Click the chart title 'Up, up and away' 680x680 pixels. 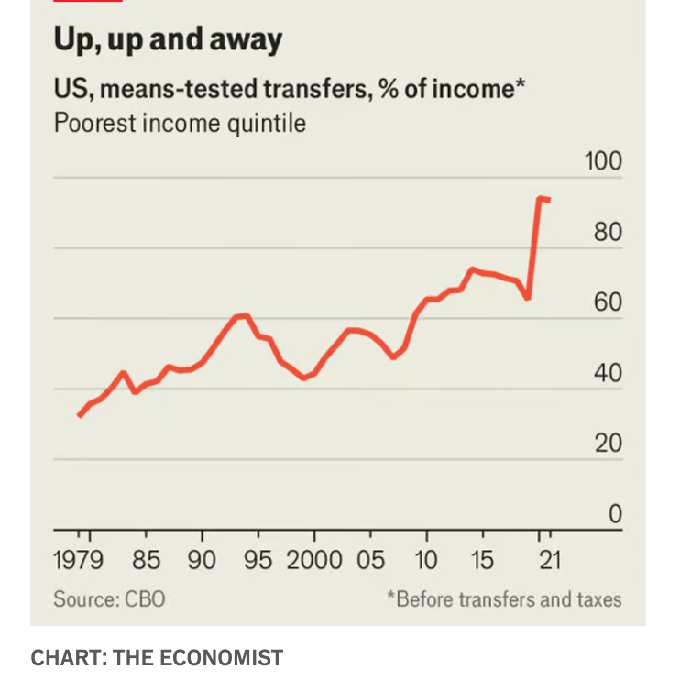click(x=168, y=40)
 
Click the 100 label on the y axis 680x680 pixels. click(x=603, y=161)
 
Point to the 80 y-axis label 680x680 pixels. click(x=608, y=232)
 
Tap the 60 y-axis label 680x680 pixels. click(x=608, y=302)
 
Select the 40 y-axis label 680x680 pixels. click(x=608, y=373)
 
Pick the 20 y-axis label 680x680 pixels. click(x=608, y=444)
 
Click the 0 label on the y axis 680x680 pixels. click(x=615, y=514)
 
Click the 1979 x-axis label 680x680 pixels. click(x=79, y=560)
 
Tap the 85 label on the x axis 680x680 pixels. click(x=146, y=560)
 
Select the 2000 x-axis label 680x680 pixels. click(x=314, y=560)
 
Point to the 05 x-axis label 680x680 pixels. click(x=370, y=560)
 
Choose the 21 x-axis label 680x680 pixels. click(x=548, y=560)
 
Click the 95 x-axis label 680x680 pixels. click(x=258, y=560)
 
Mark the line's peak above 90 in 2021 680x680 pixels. click(x=540, y=197)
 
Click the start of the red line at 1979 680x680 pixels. click(x=79, y=415)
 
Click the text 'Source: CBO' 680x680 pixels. click(x=109, y=599)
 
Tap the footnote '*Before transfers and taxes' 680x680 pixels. click(x=503, y=599)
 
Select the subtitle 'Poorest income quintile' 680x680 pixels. click(x=180, y=122)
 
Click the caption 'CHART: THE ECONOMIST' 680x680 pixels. click(x=157, y=657)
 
